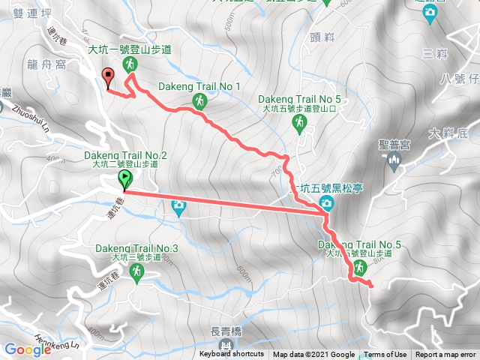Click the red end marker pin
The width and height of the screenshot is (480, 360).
(107, 76)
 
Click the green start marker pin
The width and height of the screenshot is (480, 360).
(124, 179)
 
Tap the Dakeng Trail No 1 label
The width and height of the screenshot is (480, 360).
(199, 86)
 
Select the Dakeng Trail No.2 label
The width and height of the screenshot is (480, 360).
(125, 155)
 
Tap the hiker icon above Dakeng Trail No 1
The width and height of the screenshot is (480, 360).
(199, 101)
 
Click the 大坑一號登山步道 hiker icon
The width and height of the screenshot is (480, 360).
(131, 64)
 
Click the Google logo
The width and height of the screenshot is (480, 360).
(28, 349)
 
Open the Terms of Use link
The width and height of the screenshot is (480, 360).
(385, 355)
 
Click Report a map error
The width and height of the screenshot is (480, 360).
(447, 355)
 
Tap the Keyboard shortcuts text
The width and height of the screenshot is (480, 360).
(232, 355)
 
